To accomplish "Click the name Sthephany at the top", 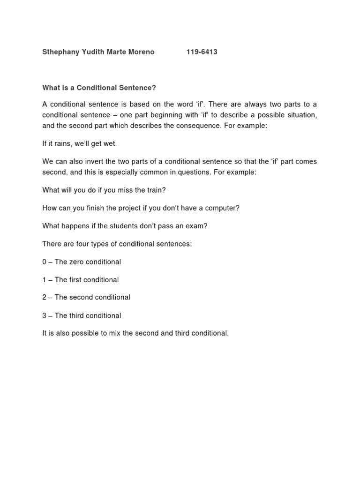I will [60, 52].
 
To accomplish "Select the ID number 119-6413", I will [202, 52].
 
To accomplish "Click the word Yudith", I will [91, 52].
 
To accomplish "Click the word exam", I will [197, 225].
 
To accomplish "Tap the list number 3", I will [45, 315].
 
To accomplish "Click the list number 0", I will [45, 262].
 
